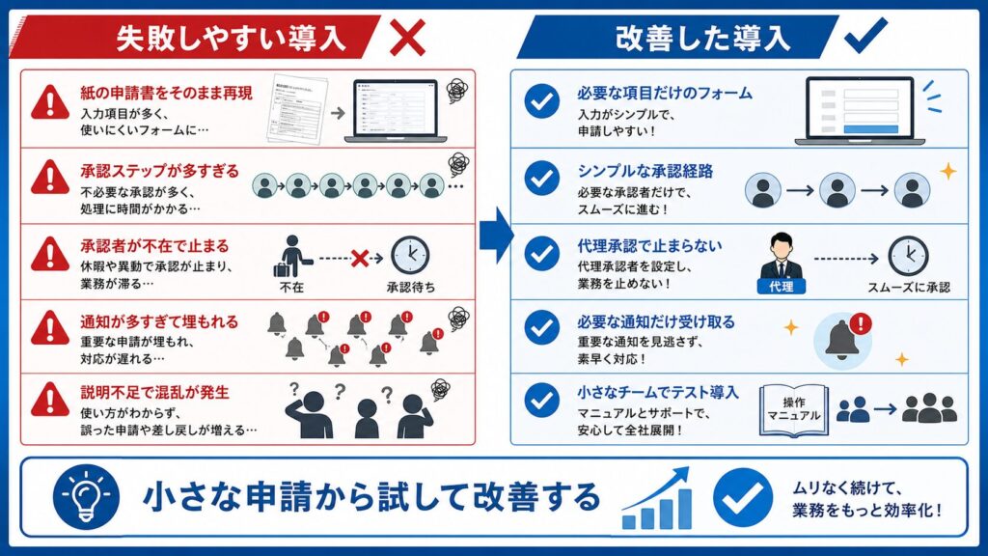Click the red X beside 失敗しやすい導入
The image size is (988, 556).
(407, 38)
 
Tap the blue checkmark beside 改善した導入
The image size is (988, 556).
(865, 36)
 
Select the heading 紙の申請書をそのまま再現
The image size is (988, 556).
(166, 94)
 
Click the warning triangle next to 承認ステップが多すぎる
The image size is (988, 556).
(50, 178)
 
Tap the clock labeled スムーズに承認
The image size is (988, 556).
(908, 256)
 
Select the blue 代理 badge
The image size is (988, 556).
(782, 287)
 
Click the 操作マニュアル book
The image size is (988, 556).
(794, 411)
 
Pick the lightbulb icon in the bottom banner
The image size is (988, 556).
(86, 497)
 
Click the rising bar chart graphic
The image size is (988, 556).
(656, 499)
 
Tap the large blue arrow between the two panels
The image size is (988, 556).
(496, 236)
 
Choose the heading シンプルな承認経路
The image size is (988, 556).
(645, 172)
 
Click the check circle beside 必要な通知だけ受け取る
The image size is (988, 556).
(542, 328)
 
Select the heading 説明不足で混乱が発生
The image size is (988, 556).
(155, 393)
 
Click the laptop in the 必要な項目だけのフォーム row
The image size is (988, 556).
(860, 111)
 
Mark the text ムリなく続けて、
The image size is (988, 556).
(847, 487)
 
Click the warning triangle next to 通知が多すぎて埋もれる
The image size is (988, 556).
(50, 328)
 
